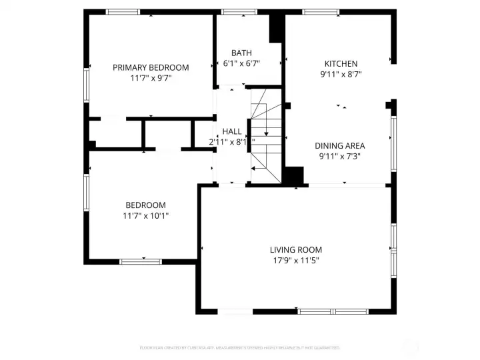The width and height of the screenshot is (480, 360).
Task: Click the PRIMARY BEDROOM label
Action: [x=150, y=67]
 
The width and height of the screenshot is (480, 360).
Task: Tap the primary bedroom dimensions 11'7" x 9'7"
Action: [x=150, y=78]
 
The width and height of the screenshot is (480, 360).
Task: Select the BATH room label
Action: [x=241, y=53]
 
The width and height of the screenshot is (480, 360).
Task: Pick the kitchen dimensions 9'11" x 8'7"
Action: [x=341, y=75]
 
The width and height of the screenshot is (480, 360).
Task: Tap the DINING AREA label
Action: [x=340, y=145]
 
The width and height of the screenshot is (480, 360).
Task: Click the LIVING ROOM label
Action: [x=295, y=250]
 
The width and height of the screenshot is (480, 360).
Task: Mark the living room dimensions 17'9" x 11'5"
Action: [x=295, y=261]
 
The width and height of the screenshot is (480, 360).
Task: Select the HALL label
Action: [x=232, y=131]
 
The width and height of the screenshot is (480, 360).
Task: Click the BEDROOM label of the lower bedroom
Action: [x=145, y=205]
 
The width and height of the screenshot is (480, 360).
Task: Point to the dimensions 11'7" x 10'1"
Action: [x=145, y=215]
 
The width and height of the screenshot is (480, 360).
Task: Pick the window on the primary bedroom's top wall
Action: [x=123, y=12]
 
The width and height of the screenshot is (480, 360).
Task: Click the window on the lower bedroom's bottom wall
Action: [x=141, y=261]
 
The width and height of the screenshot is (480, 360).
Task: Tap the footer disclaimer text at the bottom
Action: [x=239, y=347]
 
